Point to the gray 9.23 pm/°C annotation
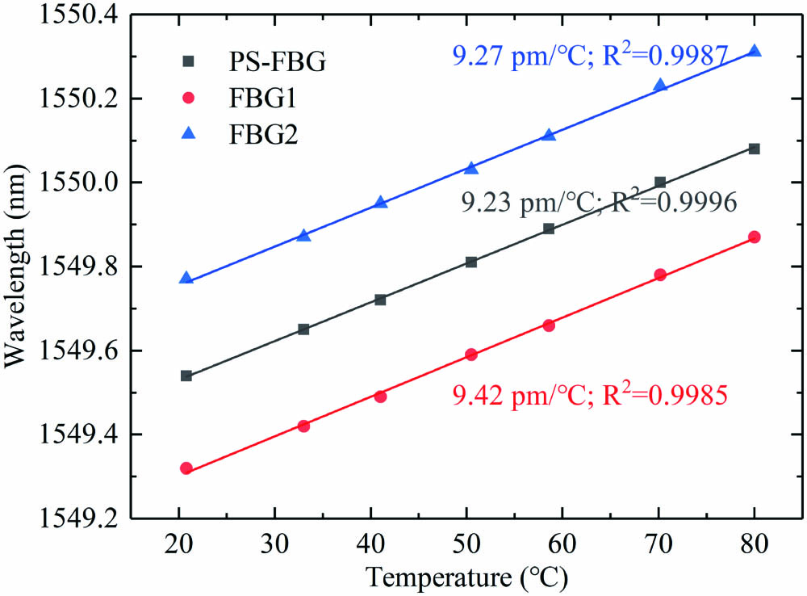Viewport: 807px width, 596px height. coord(598,203)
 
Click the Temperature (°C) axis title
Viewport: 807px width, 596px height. coord(466,577)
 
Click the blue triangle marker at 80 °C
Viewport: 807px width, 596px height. coord(755,51)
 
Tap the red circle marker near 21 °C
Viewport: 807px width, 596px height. coord(186,468)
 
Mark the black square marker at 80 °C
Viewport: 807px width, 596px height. coord(755,149)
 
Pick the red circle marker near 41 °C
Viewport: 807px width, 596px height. coord(381,397)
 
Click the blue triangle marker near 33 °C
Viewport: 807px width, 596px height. coord(303,235)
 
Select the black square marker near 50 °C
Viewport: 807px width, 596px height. coord(471,262)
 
